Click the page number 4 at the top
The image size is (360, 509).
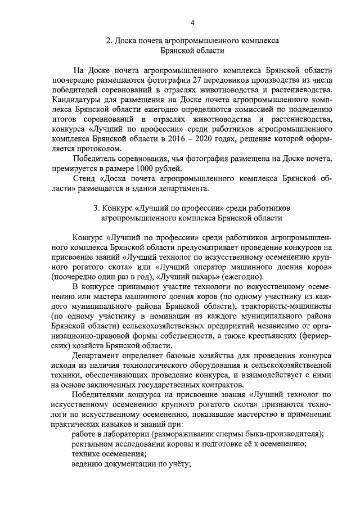tap(192, 22)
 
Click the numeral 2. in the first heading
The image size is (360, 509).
tap(110, 41)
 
